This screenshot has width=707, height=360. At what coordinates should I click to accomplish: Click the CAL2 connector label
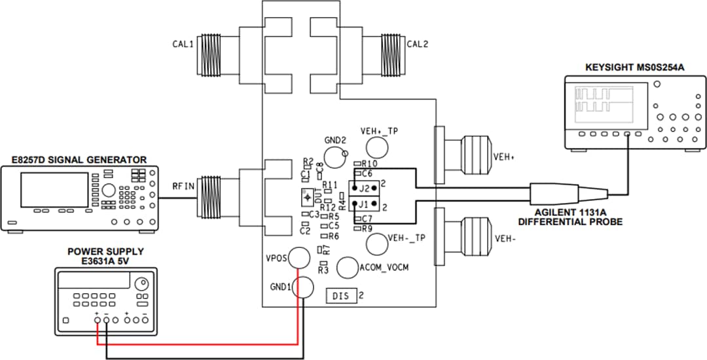(x=417, y=45)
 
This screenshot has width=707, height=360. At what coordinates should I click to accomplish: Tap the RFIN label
(x=183, y=185)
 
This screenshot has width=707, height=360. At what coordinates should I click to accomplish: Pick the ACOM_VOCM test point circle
(x=347, y=267)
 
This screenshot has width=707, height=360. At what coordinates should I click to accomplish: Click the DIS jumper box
(x=342, y=296)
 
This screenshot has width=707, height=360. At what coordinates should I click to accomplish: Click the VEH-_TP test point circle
(x=376, y=244)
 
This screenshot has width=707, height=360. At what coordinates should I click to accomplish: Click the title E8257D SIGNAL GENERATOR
(x=74, y=160)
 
